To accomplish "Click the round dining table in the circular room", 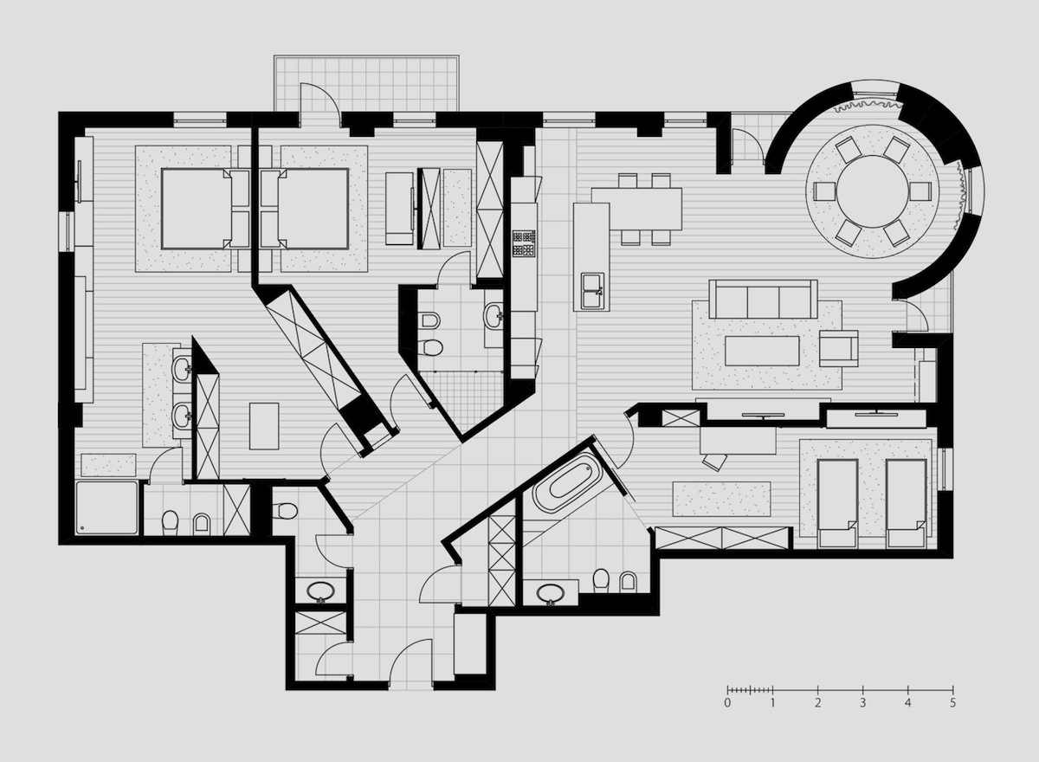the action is (873, 191).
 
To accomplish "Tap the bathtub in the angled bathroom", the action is (567, 482).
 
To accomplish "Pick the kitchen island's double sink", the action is (593, 291).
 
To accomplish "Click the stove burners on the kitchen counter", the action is (524, 244).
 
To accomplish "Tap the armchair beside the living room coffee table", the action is (838, 348).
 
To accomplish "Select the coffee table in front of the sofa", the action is (763, 351).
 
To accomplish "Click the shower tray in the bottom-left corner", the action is (107, 507).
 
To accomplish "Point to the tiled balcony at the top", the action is (366, 83).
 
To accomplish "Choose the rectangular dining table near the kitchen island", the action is (636, 209).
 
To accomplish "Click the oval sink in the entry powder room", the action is (320, 591).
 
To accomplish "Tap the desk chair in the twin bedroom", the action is (715, 462).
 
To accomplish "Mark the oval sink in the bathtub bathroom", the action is (550, 593).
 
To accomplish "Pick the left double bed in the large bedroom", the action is (197, 209).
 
